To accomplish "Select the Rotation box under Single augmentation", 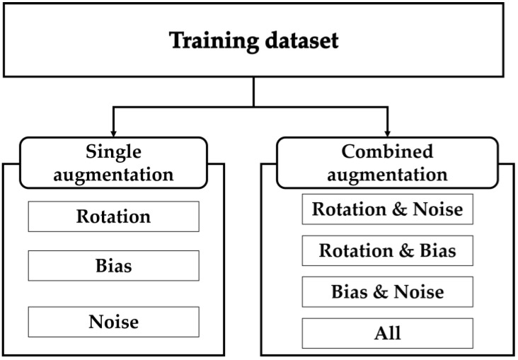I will [x=113, y=216].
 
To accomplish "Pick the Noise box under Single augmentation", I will [x=113, y=322].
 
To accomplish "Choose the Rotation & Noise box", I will [x=387, y=210].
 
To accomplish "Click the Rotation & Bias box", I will [x=387, y=250].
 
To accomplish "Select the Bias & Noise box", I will [x=387, y=291].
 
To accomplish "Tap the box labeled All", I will [x=387, y=332].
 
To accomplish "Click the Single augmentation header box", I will [x=114, y=163].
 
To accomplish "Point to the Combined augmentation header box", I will [x=387, y=163].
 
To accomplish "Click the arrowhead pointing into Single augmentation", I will [x=114, y=132].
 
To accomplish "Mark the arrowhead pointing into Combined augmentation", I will [x=387, y=132].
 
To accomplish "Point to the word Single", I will [x=113, y=153].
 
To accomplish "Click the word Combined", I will [x=387, y=153].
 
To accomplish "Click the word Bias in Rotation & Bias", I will [x=435, y=250].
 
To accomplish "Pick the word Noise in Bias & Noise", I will [x=420, y=291].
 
